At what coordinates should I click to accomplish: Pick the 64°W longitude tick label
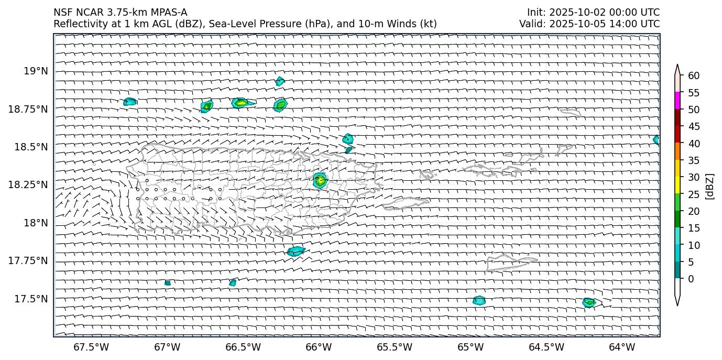click(x=622, y=347)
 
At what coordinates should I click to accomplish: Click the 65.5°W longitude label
click(x=395, y=347)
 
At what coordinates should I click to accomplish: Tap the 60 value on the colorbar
click(x=694, y=75)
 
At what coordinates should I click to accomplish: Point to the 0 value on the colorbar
click(x=691, y=279)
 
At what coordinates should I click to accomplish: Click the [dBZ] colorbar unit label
click(x=710, y=186)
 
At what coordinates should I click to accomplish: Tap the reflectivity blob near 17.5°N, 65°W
click(x=479, y=301)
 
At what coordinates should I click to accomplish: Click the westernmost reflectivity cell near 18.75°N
click(x=130, y=102)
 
